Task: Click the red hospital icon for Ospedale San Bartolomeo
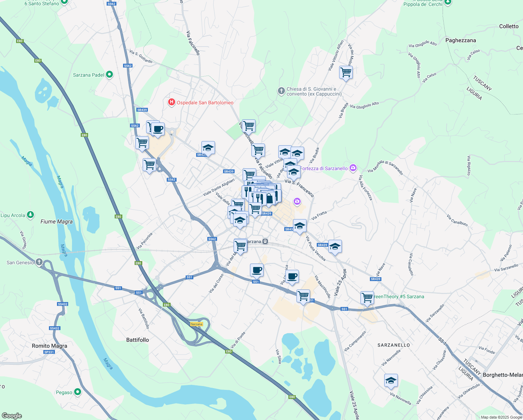pyautogui.click(x=171, y=102)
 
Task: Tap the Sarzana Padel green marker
pyautogui.click(x=109, y=75)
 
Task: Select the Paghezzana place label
pyautogui.click(x=460, y=40)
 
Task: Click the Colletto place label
pyautogui.click(x=509, y=26)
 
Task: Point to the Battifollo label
pyautogui.click(x=137, y=340)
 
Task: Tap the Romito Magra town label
pyautogui.click(x=49, y=346)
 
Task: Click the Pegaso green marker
pyautogui.click(x=78, y=392)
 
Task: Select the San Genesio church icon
pyautogui.click(x=39, y=262)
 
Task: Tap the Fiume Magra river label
pyautogui.click(x=57, y=222)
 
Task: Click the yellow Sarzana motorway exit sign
pyautogui.click(x=196, y=324)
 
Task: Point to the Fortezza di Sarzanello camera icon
pyautogui.click(x=353, y=168)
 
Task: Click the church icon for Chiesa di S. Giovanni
pyautogui.click(x=281, y=91)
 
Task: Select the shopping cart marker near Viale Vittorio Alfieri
pyautogui.click(x=346, y=72)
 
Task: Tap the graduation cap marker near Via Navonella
pyautogui.click(x=391, y=380)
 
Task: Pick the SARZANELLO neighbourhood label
pyautogui.click(x=394, y=345)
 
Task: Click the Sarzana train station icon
pyautogui.click(x=266, y=241)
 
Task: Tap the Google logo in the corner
pyautogui.click(x=12, y=415)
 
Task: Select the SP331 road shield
pyautogui.click(x=49, y=352)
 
